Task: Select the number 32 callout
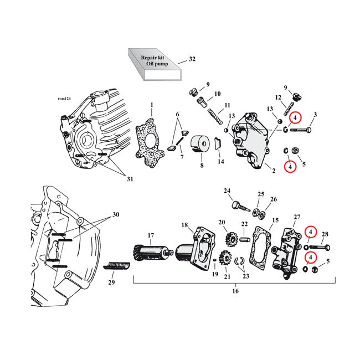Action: click(x=192, y=59)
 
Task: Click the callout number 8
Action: click(x=202, y=165)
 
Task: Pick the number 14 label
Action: click(x=221, y=162)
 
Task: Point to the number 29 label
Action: click(x=111, y=282)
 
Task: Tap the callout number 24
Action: click(x=227, y=191)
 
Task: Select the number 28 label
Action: click(x=325, y=234)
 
